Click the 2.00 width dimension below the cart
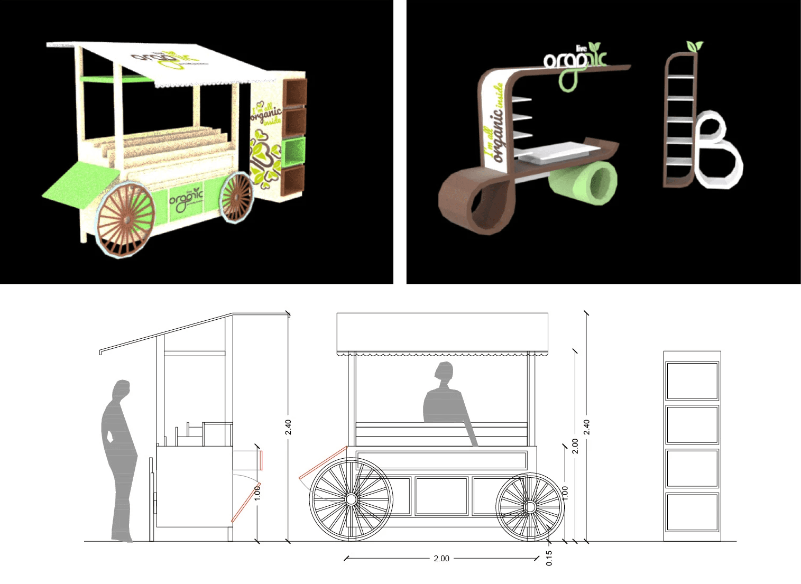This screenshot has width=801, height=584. coord(441,558)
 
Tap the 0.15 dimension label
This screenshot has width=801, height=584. coord(549,558)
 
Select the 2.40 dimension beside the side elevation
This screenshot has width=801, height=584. coord(288,427)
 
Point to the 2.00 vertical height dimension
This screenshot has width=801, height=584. coord(575,446)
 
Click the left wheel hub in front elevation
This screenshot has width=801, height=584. coord(351,499)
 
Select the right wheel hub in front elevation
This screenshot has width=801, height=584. coord(530,507)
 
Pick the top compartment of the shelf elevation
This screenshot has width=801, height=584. coord(692,381)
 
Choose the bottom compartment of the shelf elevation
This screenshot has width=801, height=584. coord(692,512)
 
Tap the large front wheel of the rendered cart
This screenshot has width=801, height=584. coord(125,220)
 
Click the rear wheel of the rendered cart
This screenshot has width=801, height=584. coord(236,197)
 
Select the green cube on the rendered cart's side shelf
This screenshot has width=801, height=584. coord(294,151)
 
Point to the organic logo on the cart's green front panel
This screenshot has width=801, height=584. coord(185,201)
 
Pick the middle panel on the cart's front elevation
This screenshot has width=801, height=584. coord(441,496)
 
